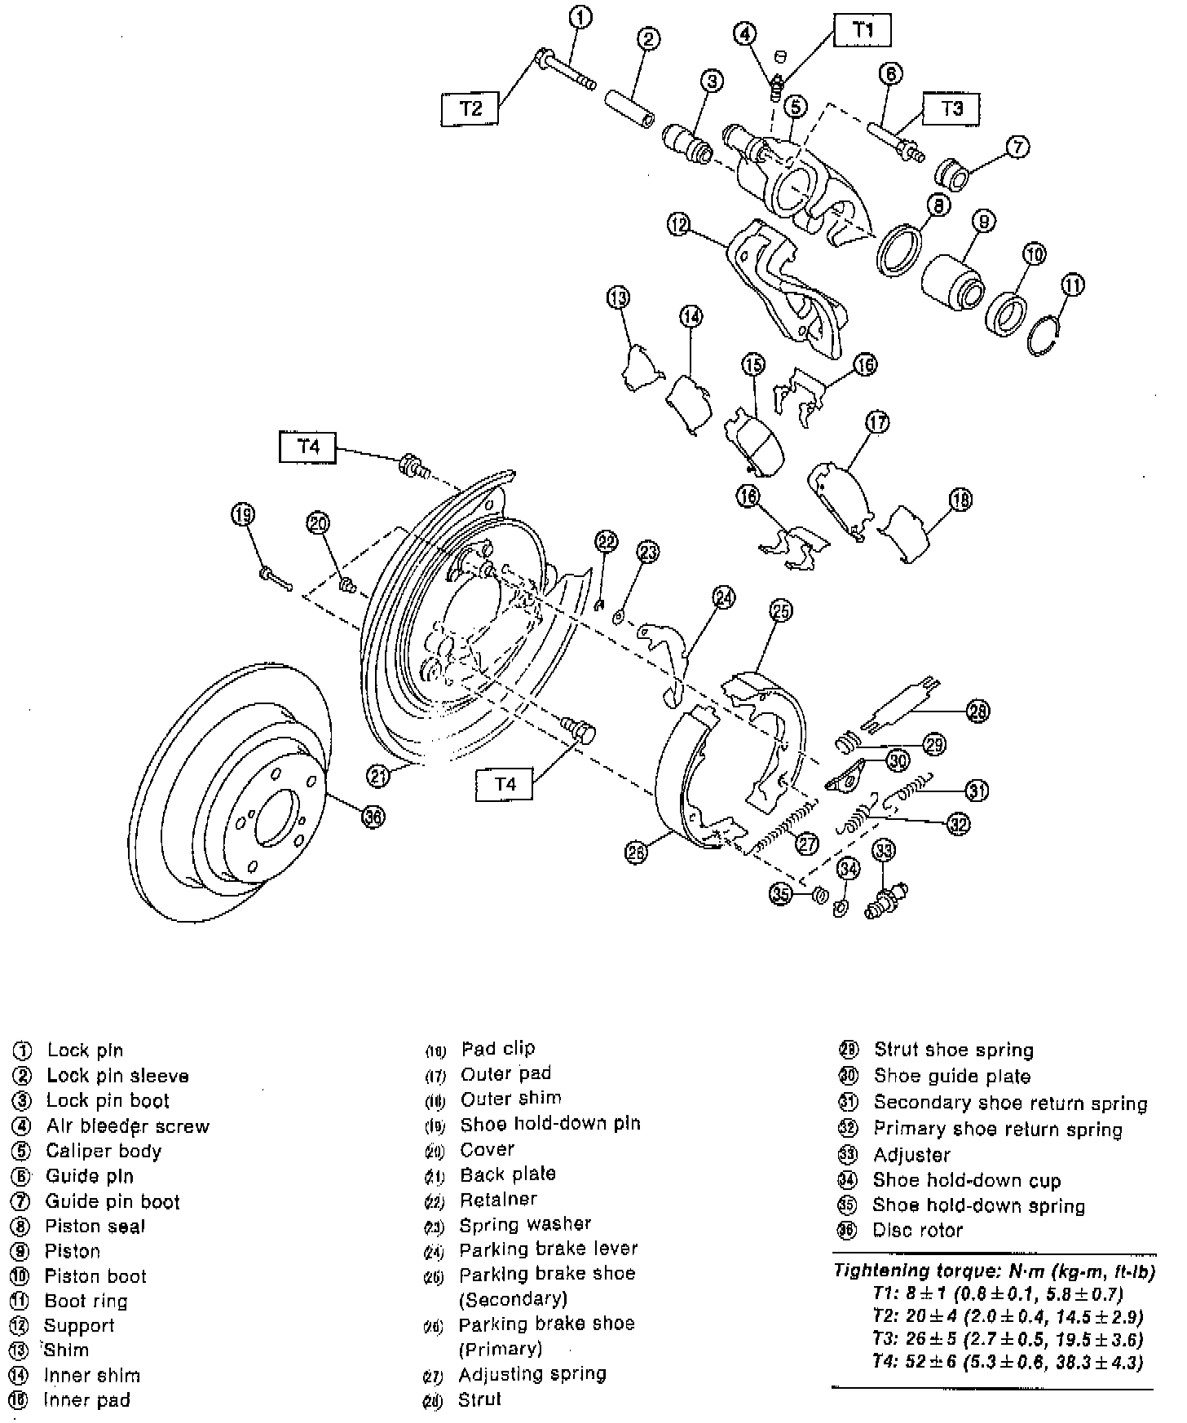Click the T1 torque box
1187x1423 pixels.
click(863, 31)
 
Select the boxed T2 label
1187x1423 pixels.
click(470, 108)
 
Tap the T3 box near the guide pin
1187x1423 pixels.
click(951, 108)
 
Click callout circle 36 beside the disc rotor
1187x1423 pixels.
click(373, 817)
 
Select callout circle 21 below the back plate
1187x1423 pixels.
click(378, 776)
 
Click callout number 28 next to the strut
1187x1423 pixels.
click(977, 711)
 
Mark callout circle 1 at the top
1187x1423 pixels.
click(580, 17)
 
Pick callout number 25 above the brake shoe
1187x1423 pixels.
click(781, 610)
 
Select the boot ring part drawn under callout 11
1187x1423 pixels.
click(1046, 336)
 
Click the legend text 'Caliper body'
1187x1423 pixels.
click(104, 1151)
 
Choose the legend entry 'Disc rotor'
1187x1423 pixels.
click(917, 1231)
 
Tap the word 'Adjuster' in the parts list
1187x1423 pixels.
click(911, 1155)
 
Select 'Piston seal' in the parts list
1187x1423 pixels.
click(95, 1226)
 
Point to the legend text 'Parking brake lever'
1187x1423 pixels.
click(548, 1249)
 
